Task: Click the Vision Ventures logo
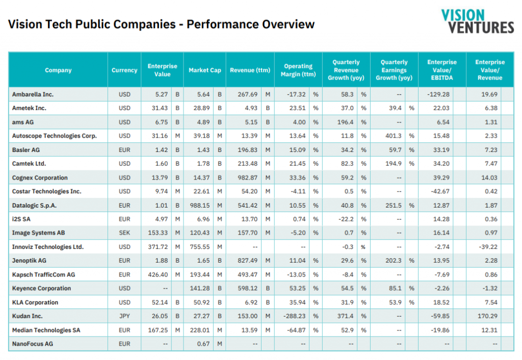(x=477, y=21)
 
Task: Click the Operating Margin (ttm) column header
(x=298, y=70)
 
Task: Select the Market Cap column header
(x=205, y=70)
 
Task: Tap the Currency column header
(x=124, y=70)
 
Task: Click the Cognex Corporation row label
(x=40, y=178)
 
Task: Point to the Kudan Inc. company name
(x=28, y=316)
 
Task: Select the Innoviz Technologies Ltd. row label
(x=48, y=247)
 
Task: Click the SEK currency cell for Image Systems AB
(x=124, y=233)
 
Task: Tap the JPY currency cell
(x=124, y=316)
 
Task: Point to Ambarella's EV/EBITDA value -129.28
(x=438, y=94)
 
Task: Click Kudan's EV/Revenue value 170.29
(x=487, y=316)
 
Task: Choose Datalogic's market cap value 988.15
(x=200, y=205)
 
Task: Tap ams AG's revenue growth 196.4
(x=345, y=122)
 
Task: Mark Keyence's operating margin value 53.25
(x=297, y=289)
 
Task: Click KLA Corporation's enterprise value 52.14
(x=160, y=302)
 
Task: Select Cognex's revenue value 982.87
(x=247, y=178)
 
